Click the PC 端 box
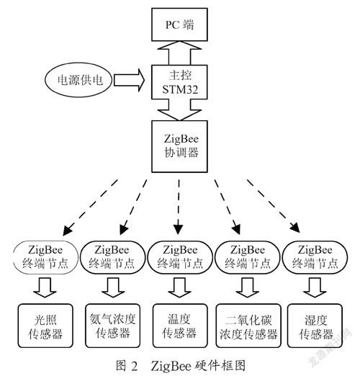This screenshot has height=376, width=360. tap(179, 24)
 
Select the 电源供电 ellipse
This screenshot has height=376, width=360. tap(78, 80)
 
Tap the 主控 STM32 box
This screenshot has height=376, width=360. tap(179, 82)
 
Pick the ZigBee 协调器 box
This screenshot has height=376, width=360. tap(179, 146)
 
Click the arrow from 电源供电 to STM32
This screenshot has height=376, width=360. tap(129, 80)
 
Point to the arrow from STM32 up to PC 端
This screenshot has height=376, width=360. tap(179, 53)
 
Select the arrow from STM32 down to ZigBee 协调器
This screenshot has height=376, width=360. tap(179, 109)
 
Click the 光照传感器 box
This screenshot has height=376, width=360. tap(45, 326)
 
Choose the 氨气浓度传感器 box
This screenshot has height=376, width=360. tap(113, 326)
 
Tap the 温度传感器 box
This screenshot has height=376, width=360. tap(180, 326)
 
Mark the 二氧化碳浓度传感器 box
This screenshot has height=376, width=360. tap(248, 326)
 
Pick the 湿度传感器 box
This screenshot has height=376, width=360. tap(315, 326)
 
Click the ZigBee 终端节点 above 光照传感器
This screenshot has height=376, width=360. tap(45, 257)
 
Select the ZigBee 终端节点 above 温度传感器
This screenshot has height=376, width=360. tap(180, 257)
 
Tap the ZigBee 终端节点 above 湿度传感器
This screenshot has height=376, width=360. tap(315, 257)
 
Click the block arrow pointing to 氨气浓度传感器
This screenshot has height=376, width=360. tap(113, 287)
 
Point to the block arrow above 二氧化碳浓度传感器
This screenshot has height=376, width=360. tap(248, 287)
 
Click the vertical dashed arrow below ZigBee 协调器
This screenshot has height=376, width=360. tap(179, 207)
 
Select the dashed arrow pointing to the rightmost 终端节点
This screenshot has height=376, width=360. tap(274, 206)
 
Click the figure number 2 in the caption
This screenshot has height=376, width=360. tap(135, 367)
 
